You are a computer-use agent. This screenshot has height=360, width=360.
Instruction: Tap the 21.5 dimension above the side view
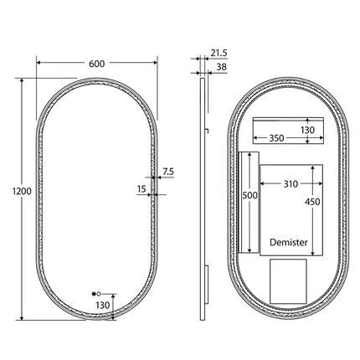click(x=219, y=53)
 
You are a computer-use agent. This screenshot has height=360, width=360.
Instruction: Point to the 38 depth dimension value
click(x=221, y=66)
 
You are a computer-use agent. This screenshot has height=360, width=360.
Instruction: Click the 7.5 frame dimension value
click(x=168, y=172)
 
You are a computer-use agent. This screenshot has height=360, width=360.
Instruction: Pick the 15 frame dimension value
click(x=141, y=189)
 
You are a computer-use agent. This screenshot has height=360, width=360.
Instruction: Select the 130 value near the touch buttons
click(x=103, y=306)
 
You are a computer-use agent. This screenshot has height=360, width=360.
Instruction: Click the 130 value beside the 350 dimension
click(x=307, y=130)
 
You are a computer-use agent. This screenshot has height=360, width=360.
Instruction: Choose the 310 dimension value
click(x=290, y=183)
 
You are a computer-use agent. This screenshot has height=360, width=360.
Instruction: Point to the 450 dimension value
click(x=313, y=201)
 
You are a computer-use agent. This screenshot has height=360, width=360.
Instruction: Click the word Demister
click(x=289, y=243)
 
